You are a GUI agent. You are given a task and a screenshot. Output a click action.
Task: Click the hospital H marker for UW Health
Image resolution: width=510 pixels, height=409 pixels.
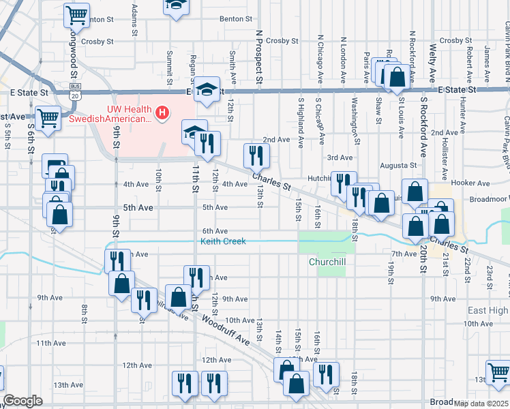click(162, 112)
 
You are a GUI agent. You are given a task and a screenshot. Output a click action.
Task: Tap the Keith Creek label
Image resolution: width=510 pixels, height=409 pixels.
click(222, 241)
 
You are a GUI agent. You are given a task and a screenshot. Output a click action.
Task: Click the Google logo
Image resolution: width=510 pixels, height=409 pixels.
click(23, 401)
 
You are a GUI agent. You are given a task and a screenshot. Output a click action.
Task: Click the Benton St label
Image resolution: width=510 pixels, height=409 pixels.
click(237, 19)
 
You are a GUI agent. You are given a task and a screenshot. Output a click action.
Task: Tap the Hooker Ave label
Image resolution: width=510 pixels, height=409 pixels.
click(475, 183)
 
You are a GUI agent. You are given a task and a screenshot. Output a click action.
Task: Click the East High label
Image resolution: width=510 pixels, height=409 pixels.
click(487, 310)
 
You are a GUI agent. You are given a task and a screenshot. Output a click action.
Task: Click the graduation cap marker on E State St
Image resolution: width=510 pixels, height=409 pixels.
click(205, 90)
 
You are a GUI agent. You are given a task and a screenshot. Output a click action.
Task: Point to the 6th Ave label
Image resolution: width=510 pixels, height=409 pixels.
click(215, 231)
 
